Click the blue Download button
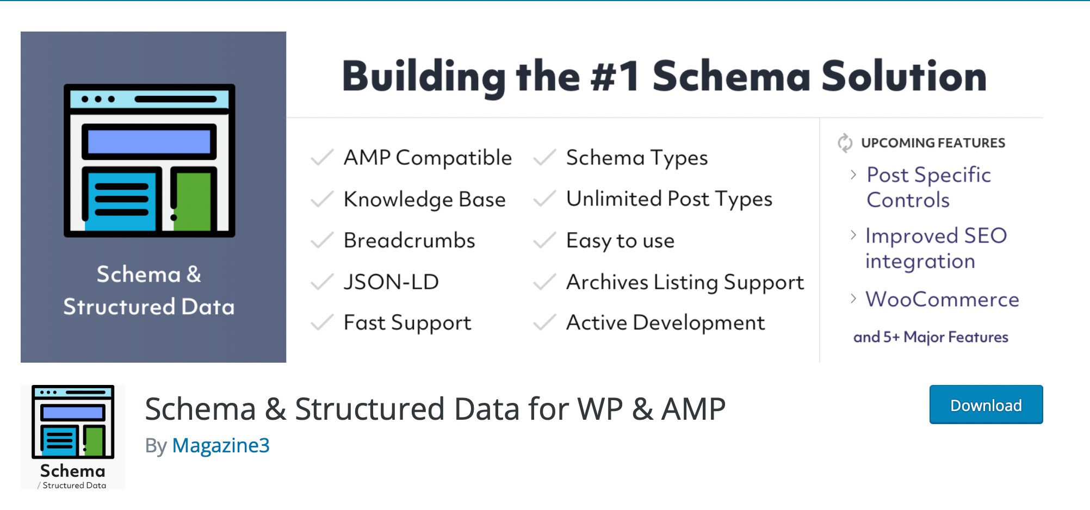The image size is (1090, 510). [x=986, y=405]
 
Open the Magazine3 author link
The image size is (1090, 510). [x=220, y=446]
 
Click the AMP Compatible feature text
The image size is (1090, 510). [x=428, y=158]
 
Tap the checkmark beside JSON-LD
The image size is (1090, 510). [x=321, y=282]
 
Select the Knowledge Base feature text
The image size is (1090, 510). [x=424, y=200]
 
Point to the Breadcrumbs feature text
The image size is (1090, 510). [x=409, y=240]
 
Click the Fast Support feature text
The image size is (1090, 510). [x=407, y=323]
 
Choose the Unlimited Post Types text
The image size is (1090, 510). [x=668, y=199]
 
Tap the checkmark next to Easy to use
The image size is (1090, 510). [x=544, y=240]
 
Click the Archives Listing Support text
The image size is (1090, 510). [x=684, y=282]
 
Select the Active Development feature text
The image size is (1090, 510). [x=665, y=323]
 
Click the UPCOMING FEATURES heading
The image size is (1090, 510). [x=933, y=143]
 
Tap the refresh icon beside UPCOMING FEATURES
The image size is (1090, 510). [x=845, y=143]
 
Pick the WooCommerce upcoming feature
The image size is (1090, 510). [x=942, y=300]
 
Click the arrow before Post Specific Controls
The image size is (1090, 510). [x=853, y=175]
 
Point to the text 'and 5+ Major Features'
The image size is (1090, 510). [x=931, y=337]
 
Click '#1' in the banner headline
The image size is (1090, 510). [x=615, y=76]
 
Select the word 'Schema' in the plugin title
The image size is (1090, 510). [x=200, y=409]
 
